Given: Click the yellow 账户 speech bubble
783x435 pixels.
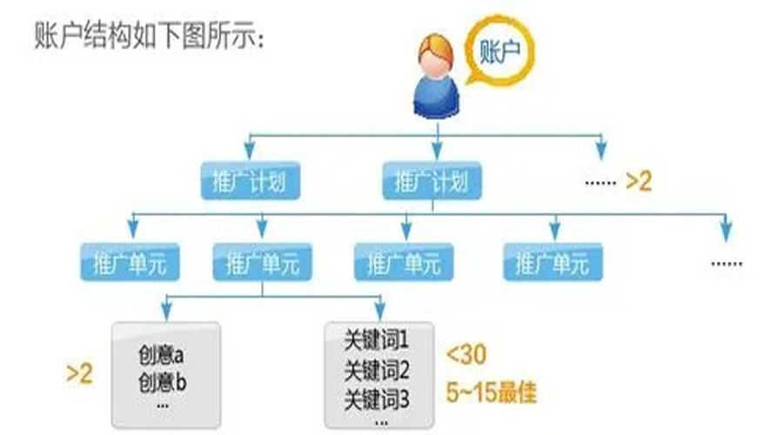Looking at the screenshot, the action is [499, 50].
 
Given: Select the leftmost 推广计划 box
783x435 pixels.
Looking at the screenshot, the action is [251, 181].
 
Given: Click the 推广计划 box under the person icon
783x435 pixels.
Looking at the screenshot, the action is [432, 181].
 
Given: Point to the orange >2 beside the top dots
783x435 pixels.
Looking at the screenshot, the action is [639, 181].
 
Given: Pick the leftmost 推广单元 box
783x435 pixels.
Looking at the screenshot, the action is [130, 262].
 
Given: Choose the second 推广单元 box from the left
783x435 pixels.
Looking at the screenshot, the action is [263, 262].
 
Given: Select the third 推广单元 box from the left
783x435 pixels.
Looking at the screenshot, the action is [404, 262].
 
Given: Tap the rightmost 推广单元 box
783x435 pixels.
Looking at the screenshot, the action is [552, 262].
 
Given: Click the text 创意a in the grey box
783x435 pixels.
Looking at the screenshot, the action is [161, 355].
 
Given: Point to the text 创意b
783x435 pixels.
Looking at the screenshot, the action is [162, 383].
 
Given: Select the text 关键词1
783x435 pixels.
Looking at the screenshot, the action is [377, 341].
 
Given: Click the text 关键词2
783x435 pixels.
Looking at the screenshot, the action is [377, 370].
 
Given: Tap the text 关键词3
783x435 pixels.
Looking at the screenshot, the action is [377, 399].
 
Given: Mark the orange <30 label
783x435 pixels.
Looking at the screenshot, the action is [466, 355].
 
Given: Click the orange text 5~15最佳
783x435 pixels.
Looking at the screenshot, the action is [492, 391].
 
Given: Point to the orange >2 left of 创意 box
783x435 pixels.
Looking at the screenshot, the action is [79, 373].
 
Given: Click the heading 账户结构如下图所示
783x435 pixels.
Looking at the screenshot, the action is [149, 35].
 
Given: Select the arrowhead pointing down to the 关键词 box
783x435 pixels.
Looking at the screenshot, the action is [380, 311].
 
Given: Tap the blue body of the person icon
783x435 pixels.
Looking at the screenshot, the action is [436, 97].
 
